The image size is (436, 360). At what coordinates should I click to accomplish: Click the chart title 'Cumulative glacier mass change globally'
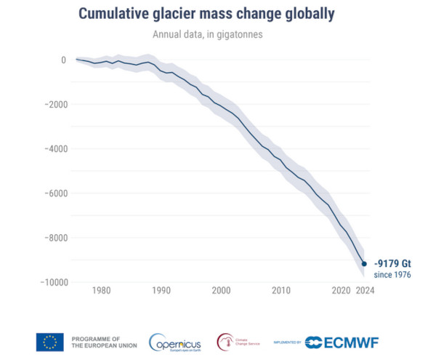pos(218,15)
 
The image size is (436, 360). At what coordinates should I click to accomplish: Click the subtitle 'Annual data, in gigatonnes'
pos(218,35)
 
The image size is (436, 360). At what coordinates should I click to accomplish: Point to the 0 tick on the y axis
pos(63,60)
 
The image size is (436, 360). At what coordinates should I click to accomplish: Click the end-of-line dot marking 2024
pos(364,264)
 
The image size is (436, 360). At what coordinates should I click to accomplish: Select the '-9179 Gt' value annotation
pos(393,263)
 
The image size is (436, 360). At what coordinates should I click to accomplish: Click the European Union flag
pos(49,342)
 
